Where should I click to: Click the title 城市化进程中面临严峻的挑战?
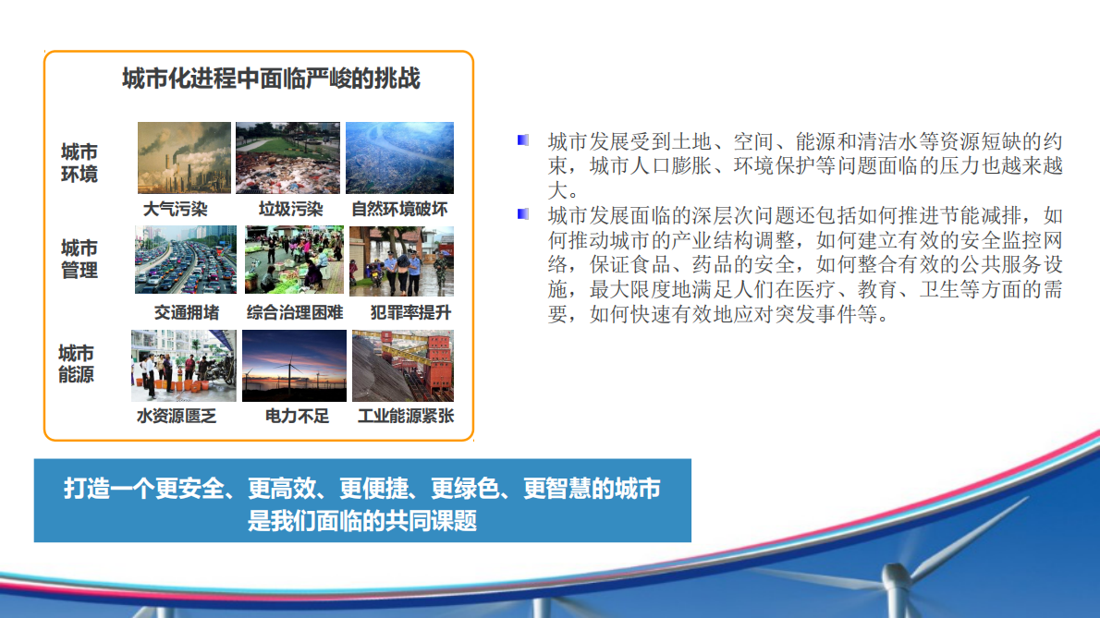(271, 79)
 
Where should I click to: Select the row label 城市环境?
(79, 163)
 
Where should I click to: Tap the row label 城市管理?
(79, 259)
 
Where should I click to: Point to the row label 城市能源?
(77, 364)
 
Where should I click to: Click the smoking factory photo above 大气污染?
(184, 158)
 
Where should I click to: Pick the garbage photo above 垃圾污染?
(287, 158)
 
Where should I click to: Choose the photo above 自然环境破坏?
(399, 158)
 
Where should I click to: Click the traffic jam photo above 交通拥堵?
(185, 260)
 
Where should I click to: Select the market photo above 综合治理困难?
(294, 260)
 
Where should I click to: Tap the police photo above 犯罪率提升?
(401, 260)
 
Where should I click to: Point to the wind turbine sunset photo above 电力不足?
(294, 365)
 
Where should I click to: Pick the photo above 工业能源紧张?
(403, 365)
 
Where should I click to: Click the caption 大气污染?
(176, 209)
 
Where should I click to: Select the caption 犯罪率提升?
(410, 312)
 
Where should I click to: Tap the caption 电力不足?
(297, 416)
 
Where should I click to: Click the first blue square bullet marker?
(523, 140)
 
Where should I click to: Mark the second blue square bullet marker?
(523, 214)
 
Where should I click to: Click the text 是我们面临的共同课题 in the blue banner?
(362, 520)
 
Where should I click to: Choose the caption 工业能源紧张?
(406, 416)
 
